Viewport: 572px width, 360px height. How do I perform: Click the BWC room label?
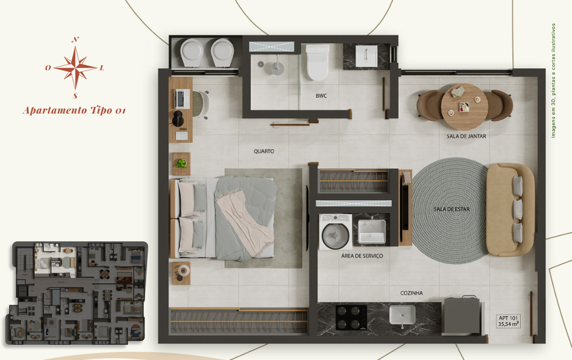click(x=321, y=96)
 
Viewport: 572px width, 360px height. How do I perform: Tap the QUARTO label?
click(x=264, y=151)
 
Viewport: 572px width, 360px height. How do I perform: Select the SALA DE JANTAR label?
click(x=466, y=136)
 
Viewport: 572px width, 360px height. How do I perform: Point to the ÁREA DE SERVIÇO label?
click(x=362, y=256)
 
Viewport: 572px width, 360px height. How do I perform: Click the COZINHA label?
click(x=411, y=293)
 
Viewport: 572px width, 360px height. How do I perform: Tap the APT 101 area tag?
click(x=509, y=321)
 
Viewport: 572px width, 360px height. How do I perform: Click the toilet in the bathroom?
click(x=317, y=62)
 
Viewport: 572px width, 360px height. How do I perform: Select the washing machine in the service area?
click(x=336, y=232)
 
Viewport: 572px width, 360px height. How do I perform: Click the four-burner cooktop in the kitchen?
click(x=351, y=317)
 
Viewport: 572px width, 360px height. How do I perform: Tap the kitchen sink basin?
click(x=402, y=315)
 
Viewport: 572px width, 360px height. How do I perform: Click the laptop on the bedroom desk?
click(x=183, y=98)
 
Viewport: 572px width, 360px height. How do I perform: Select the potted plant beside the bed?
click(x=181, y=163)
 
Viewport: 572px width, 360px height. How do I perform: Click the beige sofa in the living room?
click(x=510, y=210)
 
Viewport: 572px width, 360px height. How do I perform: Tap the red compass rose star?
click(x=75, y=68)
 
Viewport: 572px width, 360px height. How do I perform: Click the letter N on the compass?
click(x=76, y=40)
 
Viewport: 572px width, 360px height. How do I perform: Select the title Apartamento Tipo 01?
click(x=74, y=110)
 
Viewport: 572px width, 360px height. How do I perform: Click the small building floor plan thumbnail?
click(x=76, y=293)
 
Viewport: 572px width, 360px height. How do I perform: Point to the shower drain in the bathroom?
click(x=261, y=64)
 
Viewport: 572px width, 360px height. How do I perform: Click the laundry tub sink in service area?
click(x=372, y=231)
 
